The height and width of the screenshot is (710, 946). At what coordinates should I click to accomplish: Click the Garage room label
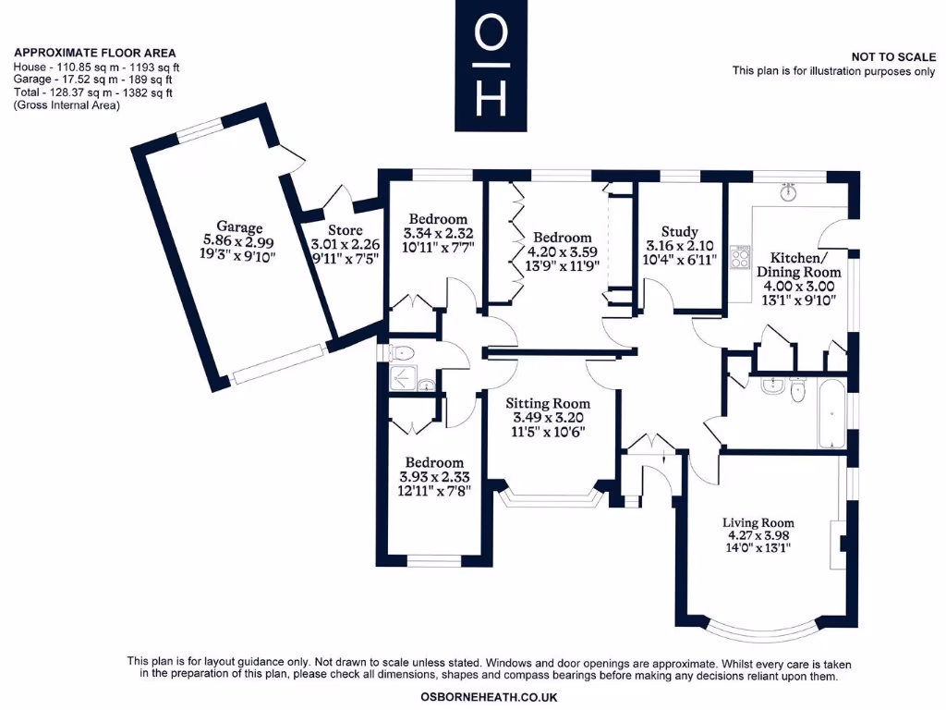tap(239, 227)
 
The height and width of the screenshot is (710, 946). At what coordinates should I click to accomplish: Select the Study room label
tap(679, 232)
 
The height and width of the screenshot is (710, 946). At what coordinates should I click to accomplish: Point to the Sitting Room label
tap(547, 403)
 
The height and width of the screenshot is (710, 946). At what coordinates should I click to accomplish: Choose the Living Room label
tap(758, 523)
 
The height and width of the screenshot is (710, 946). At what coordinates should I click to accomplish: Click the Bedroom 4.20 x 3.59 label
tap(562, 238)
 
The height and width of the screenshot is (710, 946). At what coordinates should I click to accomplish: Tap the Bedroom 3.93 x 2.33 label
tap(434, 462)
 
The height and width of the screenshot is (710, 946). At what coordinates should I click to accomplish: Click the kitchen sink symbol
tap(788, 193)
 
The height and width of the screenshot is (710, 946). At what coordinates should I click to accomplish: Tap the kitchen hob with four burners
tap(740, 257)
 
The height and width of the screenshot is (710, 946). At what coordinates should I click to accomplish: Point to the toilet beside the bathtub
tap(801, 392)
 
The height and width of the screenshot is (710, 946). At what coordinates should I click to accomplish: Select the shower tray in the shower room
tap(402, 376)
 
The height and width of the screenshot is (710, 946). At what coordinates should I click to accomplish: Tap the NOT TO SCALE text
tap(892, 57)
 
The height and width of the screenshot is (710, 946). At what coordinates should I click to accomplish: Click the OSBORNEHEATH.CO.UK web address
tap(489, 697)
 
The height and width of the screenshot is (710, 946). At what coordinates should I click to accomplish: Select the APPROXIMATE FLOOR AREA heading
tap(95, 54)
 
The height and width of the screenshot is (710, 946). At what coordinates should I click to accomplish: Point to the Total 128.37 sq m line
tap(92, 92)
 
